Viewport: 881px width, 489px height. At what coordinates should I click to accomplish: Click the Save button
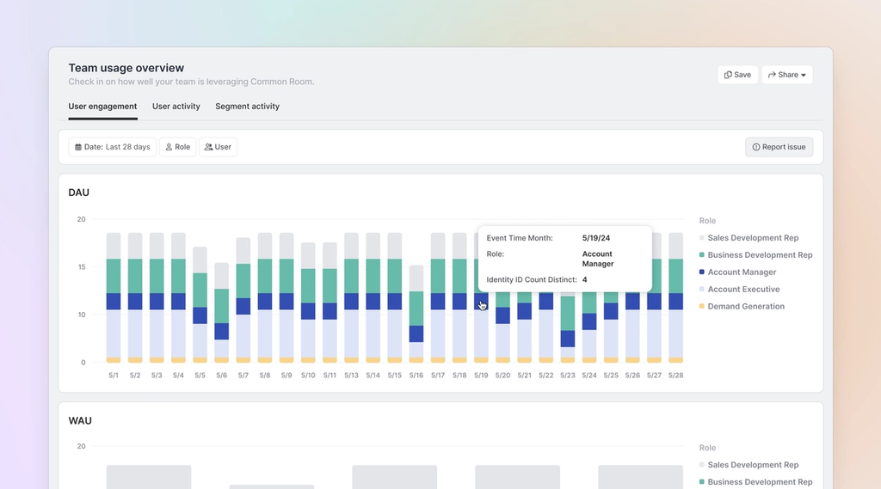pyautogui.click(x=737, y=75)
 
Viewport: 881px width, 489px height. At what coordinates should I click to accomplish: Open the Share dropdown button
pyautogui.click(x=786, y=75)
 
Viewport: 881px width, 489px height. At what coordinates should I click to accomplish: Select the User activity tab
pyautogui.click(x=176, y=107)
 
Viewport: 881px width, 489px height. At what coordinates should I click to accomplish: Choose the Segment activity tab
pyautogui.click(x=247, y=107)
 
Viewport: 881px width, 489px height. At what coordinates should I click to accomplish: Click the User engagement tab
pyautogui.click(x=102, y=107)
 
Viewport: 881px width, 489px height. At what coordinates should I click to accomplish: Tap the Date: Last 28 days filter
pyautogui.click(x=112, y=147)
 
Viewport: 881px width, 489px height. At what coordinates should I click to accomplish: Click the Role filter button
pyautogui.click(x=177, y=147)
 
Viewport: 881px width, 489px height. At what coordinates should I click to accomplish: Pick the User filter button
pyautogui.click(x=218, y=147)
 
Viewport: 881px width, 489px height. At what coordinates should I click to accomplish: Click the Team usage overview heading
pyautogui.click(x=126, y=68)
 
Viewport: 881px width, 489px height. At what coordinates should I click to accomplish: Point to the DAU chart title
pyautogui.click(x=78, y=193)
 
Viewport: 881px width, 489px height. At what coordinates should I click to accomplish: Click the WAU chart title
pyautogui.click(x=80, y=421)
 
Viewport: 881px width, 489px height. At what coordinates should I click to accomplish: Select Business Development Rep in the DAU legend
pyautogui.click(x=760, y=255)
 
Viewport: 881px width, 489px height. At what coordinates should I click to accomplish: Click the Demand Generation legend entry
pyautogui.click(x=745, y=307)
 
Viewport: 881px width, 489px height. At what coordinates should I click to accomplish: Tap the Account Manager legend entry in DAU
pyautogui.click(x=742, y=272)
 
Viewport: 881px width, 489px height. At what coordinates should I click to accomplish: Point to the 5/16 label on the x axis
pyautogui.click(x=416, y=376)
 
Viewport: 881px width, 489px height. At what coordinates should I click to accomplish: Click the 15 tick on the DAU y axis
pyautogui.click(x=81, y=267)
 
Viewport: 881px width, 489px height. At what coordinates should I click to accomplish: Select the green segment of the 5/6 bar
pyautogui.click(x=222, y=305)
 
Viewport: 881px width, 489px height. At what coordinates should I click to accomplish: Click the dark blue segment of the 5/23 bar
pyautogui.click(x=568, y=339)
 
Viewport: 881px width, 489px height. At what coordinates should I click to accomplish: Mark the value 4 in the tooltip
pyautogui.click(x=584, y=280)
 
